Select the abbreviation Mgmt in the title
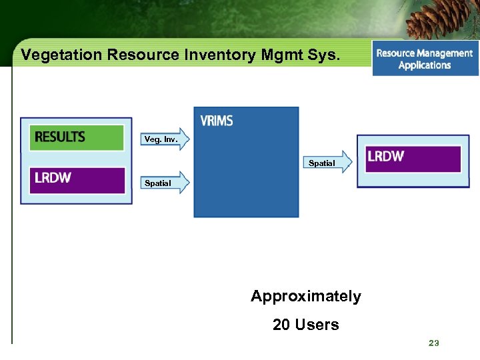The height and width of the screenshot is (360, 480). pos(279,55)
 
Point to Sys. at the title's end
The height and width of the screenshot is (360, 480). pos(324,55)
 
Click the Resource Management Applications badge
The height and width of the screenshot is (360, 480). pos(425,59)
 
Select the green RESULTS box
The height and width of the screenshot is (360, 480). pos(77,137)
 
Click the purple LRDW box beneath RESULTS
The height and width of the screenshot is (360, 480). pos(77,179)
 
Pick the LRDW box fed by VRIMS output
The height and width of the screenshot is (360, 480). pos(412,159)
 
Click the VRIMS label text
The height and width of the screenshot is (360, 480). pos(217,121)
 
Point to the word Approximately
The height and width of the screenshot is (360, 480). pos(305,297)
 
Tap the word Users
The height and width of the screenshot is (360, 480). pos(317,325)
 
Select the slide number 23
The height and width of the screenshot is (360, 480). pos(434,343)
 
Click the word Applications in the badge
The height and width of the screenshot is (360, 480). pos(425,65)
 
